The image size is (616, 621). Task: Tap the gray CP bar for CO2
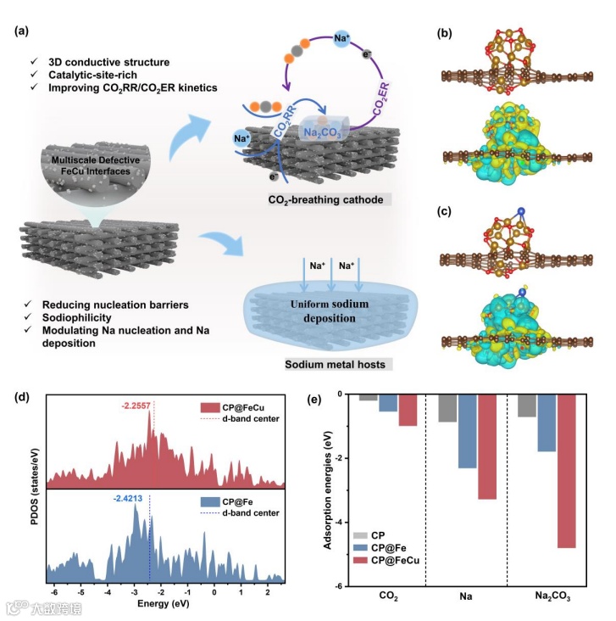(x=368, y=397)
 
